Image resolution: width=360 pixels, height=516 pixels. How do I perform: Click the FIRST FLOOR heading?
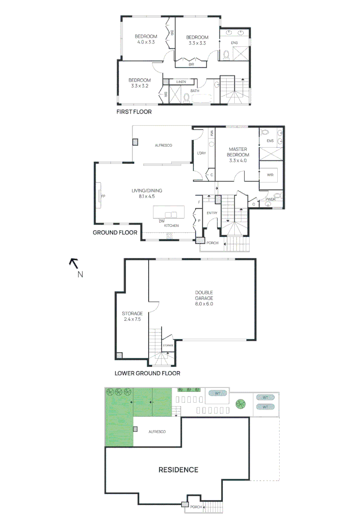tap(134, 112)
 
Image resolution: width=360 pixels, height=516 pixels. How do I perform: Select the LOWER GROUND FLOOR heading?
tap(147, 373)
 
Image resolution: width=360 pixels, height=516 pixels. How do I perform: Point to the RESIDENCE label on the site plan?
tap(178, 470)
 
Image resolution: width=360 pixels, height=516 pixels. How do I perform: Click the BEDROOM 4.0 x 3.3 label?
tap(146, 39)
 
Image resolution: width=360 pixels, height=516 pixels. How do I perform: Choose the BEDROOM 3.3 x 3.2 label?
tap(141, 83)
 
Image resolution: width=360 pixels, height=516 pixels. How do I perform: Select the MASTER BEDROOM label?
tap(238, 155)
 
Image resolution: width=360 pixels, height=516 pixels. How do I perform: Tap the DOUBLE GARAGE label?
tap(204, 298)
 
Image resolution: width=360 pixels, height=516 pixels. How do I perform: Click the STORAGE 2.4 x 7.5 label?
tap(131, 316)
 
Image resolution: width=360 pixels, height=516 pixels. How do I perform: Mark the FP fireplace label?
tap(102, 196)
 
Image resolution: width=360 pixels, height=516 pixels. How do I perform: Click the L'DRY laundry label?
tap(202, 153)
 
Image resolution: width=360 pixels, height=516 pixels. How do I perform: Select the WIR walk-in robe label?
tap(270, 175)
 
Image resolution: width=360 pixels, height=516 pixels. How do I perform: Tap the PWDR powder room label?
tap(271, 199)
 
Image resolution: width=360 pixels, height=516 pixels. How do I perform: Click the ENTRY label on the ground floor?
tap(212, 213)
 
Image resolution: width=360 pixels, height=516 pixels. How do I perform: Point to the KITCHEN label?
tap(172, 225)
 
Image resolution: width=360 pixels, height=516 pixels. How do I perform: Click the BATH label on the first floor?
tap(195, 90)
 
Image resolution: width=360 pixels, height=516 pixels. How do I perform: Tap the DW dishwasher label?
tap(162, 221)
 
